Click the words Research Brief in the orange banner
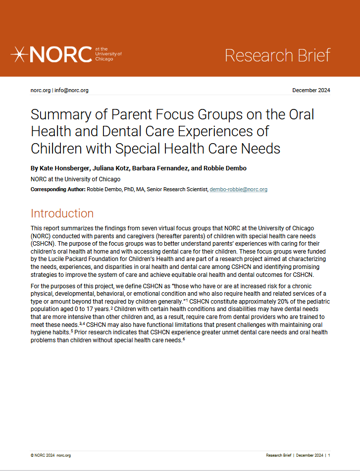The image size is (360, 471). coord(277,55)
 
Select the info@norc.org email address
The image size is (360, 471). coord(71,90)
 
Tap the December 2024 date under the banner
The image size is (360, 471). coord(311,90)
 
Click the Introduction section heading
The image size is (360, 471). coord(62,213)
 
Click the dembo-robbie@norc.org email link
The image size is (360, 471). coord(239,190)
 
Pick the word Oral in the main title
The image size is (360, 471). coord(302,115)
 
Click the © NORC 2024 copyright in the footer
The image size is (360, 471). coord(42,455)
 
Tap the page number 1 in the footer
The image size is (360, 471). coord(329,455)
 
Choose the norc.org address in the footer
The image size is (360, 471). coord(64,455)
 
